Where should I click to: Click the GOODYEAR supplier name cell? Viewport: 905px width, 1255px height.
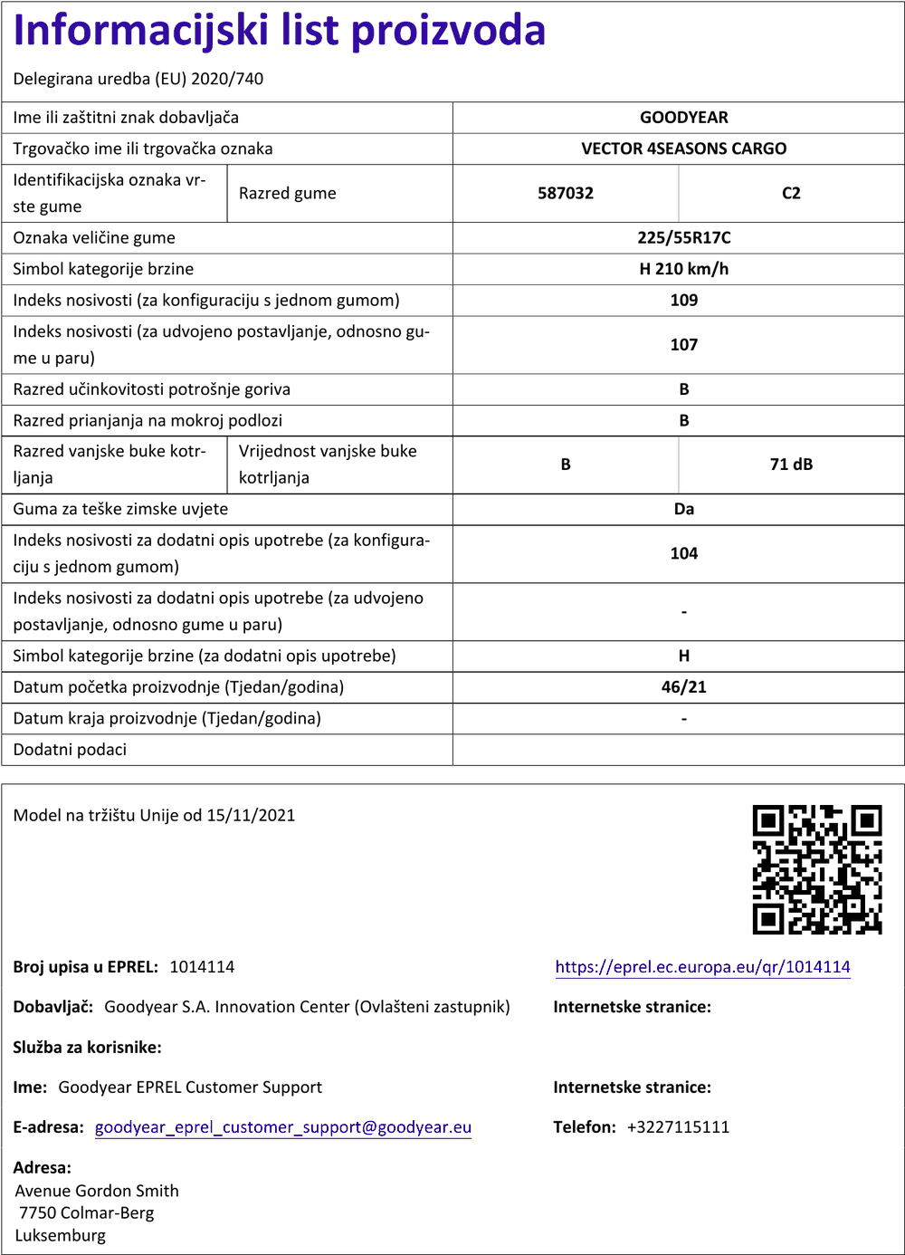[x=683, y=118]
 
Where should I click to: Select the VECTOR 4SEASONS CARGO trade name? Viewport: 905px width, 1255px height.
[x=683, y=148]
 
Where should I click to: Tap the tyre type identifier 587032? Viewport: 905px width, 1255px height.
[x=566, y=193]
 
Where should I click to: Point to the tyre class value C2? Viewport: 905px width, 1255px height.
[x=791, y=193]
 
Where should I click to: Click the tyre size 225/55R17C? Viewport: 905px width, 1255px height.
[x=683, y=238]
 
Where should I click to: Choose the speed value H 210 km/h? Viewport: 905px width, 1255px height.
[x=683, y=269]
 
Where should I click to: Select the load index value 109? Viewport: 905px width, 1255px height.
[x=683, y=301]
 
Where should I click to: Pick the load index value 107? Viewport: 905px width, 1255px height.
[x=683, y=345]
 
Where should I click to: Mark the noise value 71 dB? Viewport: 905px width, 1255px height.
[x=791, y=465]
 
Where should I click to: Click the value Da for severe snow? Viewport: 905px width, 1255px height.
[x=683, y=509]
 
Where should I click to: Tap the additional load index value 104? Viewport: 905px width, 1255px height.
[x=683, y=553]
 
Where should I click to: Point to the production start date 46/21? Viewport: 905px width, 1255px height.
[x=683, y=687]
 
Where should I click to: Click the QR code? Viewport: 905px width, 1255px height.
[x=817, y=869]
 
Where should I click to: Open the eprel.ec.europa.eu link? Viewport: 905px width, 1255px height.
[x=702, y=967]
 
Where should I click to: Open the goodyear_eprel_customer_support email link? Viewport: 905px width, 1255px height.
[x=283, y=1127]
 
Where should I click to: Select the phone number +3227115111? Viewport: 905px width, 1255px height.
[x=678, y=1127]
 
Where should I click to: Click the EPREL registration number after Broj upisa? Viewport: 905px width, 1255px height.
[x=202, y=967]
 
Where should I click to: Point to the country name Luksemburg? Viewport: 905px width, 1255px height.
[x=61, y=1236]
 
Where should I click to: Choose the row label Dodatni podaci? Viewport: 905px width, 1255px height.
[x=70, y=750]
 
